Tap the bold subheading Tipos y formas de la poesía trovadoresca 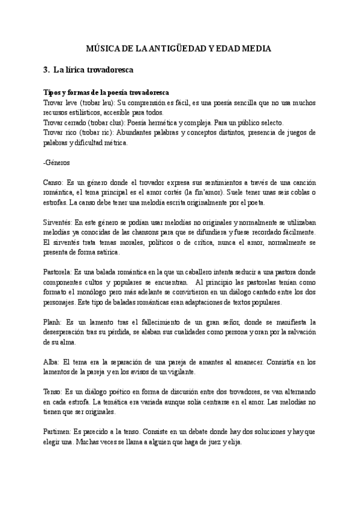click(x=106, y=92)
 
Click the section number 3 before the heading click(x=46, y=70)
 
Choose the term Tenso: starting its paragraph click(x=55, y=391)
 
